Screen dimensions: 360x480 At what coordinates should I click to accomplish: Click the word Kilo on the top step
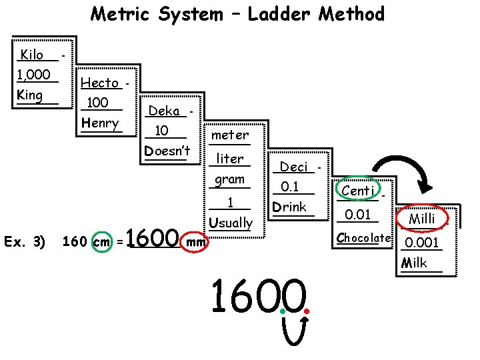click(x=32, y=55)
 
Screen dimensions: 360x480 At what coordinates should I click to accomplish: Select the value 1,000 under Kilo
click(x=33, y=75)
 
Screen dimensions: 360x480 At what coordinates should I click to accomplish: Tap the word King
click(x=30, y=95)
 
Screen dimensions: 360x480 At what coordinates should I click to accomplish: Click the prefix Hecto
click(x=100, y=83)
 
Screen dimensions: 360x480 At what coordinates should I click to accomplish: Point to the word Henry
click(x=100, y=123)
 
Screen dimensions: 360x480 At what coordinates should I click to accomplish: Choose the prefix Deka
click(x=164, y=111)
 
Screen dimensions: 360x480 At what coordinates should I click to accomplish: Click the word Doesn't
click(x=167, y=151)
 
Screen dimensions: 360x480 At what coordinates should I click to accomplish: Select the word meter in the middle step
click(x=229, y=135)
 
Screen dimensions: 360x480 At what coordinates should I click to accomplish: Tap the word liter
click(x=230, y=160)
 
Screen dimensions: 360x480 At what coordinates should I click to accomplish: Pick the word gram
click(x=229, y=180)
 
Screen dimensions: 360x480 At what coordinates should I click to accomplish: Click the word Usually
click(x=231, y=223)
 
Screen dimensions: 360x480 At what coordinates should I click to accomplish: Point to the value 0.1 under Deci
click(x=290, y=187)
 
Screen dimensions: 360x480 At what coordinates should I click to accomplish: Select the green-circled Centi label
click(x=358, y=191)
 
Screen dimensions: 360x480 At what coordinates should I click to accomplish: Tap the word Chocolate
click(x=363, y=238)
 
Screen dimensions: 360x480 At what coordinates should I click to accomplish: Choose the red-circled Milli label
click(x=422, y=218)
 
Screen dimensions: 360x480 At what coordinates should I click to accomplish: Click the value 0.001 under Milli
click(x=422, y=243)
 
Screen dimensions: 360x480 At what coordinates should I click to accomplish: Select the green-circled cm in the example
click(x=101, y=241)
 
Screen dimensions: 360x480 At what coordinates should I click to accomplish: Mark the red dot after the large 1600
click(x=307, y=311)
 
